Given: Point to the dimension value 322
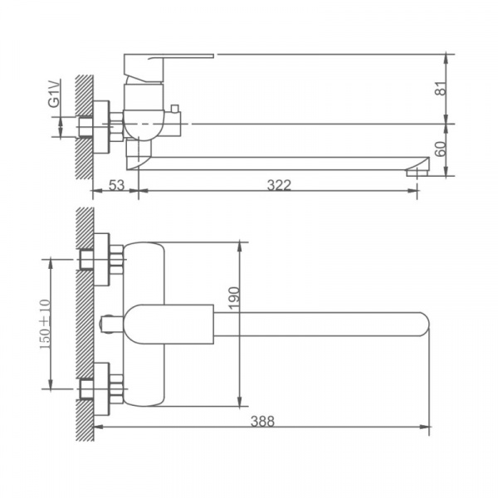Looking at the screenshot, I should pos(279,185).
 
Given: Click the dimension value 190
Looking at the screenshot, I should pos(233,296).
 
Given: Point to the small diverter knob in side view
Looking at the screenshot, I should pos(176,110).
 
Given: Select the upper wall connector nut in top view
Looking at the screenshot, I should pos(104,258).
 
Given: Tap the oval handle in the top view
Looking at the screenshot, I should pos(166,323).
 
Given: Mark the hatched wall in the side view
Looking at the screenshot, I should pos(83,124).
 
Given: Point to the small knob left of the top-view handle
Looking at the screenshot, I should pos(110,323).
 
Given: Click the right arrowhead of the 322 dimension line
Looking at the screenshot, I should pos(414,193).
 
